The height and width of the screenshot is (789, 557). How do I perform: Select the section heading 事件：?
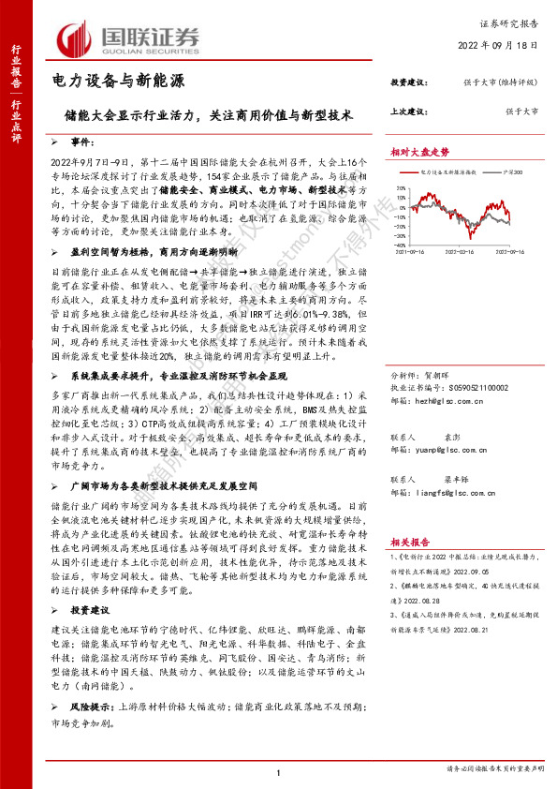[x=83, y=141]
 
